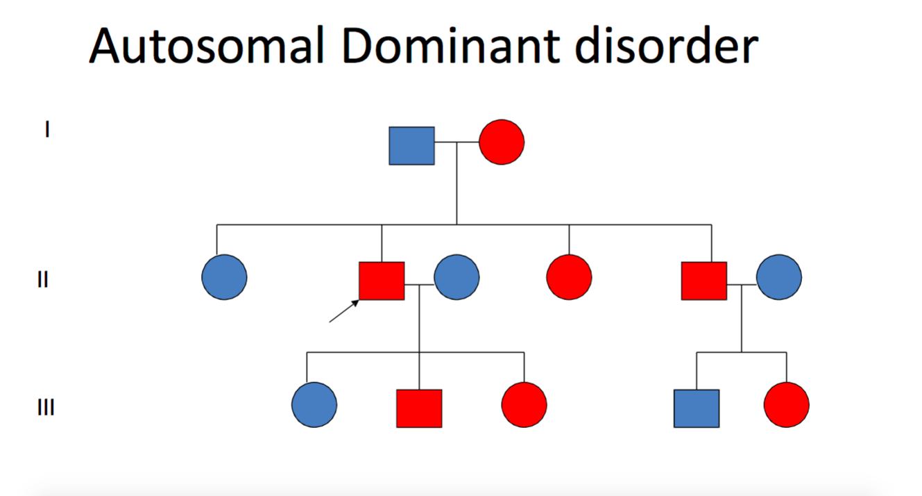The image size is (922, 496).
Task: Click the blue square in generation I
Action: coord(411,146)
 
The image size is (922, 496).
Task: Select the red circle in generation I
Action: coord(502,142)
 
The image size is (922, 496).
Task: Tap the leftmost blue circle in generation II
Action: coord(224,277)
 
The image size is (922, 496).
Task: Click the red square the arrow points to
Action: coord(382,281)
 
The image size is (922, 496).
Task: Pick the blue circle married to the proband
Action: coord(456,277)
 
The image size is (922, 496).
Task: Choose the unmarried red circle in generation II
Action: coord(569,277)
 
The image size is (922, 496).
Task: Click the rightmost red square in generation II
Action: coord(704,281)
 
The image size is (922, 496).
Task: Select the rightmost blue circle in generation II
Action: coord(778,277)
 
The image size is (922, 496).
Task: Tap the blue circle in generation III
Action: coord(314,404)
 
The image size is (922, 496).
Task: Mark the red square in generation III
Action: coord(419,408)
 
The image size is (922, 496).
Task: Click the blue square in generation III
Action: coord(697,408)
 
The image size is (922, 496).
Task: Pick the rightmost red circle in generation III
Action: coord(787,404)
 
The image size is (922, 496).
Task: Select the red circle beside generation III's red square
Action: coord(524,404)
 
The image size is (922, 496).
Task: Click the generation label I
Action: coord(47,129)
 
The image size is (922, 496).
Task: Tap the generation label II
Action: coord(43,280)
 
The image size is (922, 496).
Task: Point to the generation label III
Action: coord(46,407)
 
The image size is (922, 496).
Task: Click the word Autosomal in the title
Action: coord(207,47)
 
